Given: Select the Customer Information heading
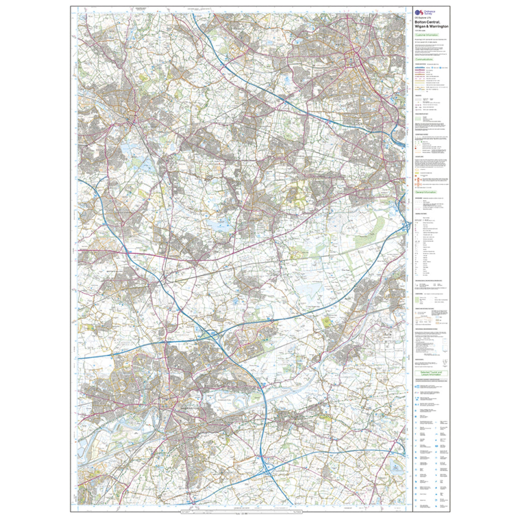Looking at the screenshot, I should (426, 35).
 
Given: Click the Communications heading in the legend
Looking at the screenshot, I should (425, 59).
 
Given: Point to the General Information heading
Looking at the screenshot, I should (426, 192).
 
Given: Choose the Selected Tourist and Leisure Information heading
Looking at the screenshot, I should (431, 374).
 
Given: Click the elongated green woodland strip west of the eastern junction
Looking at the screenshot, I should (365, 240).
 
